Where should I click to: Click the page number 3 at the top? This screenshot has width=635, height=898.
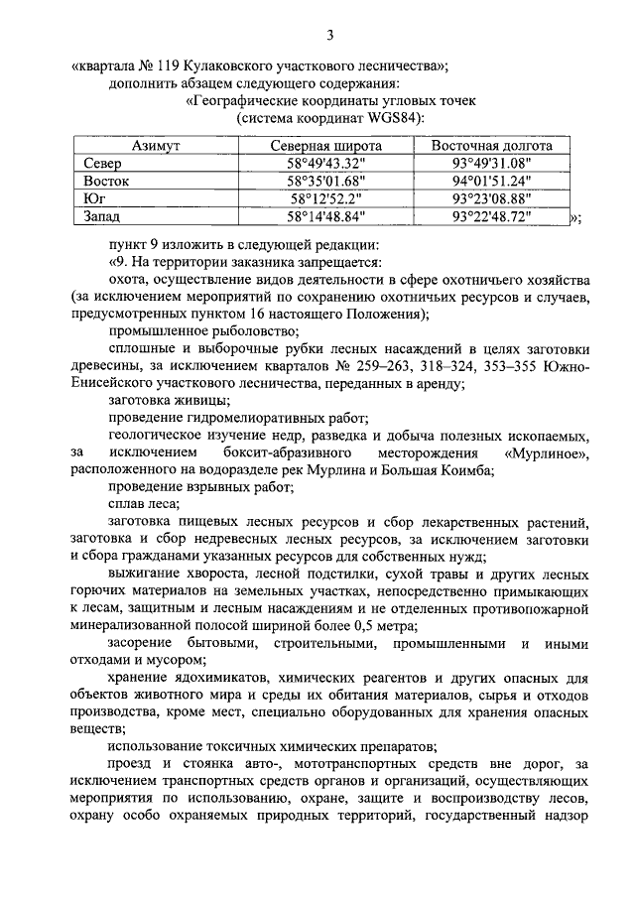coord(330,37)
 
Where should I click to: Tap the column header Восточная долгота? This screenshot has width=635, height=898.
coord(491,146)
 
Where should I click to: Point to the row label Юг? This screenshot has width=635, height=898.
coord(96,198)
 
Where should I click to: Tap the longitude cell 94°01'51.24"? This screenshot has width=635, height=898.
coord(491,181)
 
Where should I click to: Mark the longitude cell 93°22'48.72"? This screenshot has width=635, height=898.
coord(491,215)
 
